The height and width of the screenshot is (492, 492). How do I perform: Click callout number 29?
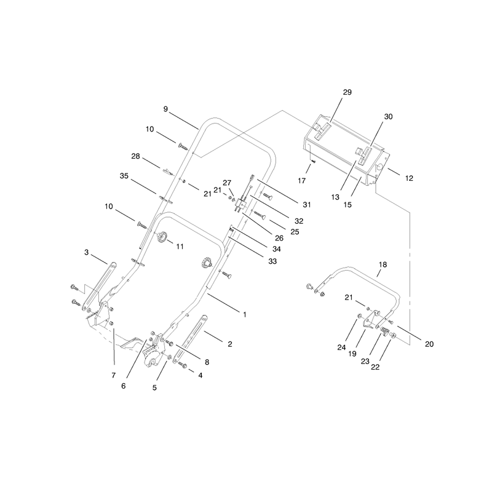click(347, 92)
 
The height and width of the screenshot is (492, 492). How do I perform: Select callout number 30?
click(388, 117)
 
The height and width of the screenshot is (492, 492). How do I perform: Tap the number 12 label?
click(409, 178)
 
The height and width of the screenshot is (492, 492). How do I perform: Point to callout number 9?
click(165, 109)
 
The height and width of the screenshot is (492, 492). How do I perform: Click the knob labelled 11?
click(162, 237)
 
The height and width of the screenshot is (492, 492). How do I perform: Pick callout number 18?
click(383, 265)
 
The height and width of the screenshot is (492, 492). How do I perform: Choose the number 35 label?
click(124, 176)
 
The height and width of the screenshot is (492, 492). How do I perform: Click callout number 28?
click(135, 156)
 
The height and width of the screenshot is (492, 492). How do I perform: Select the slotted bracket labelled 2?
click(190, 339)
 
